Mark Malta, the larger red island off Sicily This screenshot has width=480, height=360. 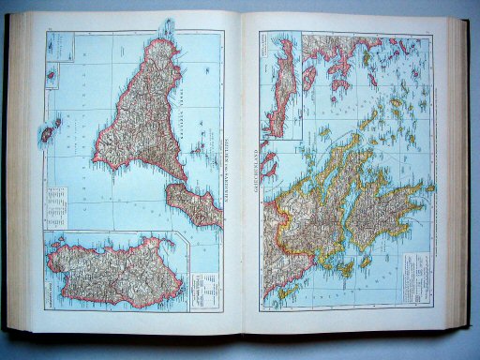[44, 137]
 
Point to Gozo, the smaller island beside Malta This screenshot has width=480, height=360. [55, 123]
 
